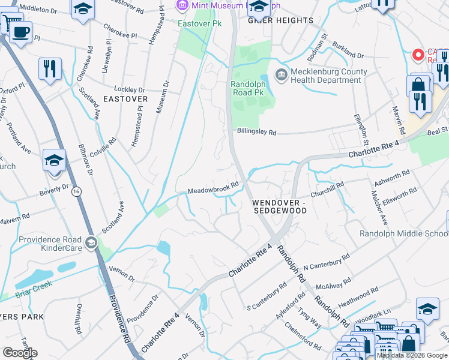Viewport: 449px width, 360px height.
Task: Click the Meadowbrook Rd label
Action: [x=213, y=188]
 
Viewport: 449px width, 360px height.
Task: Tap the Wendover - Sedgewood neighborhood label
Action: [x=280, y=206]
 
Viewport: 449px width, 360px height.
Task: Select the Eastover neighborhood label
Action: [x=125, y=98]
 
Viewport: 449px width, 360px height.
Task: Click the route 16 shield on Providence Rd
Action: [x=76, y=191]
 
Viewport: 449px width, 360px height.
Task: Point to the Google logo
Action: [x=20, y=352]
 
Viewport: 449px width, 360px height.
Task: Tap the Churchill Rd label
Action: [x=327, y=190]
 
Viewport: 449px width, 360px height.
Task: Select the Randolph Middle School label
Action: [x=403, y=233]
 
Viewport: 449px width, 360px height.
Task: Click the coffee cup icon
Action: [x=21, y=31]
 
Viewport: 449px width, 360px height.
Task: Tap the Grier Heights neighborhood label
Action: [x=281, y=20]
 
